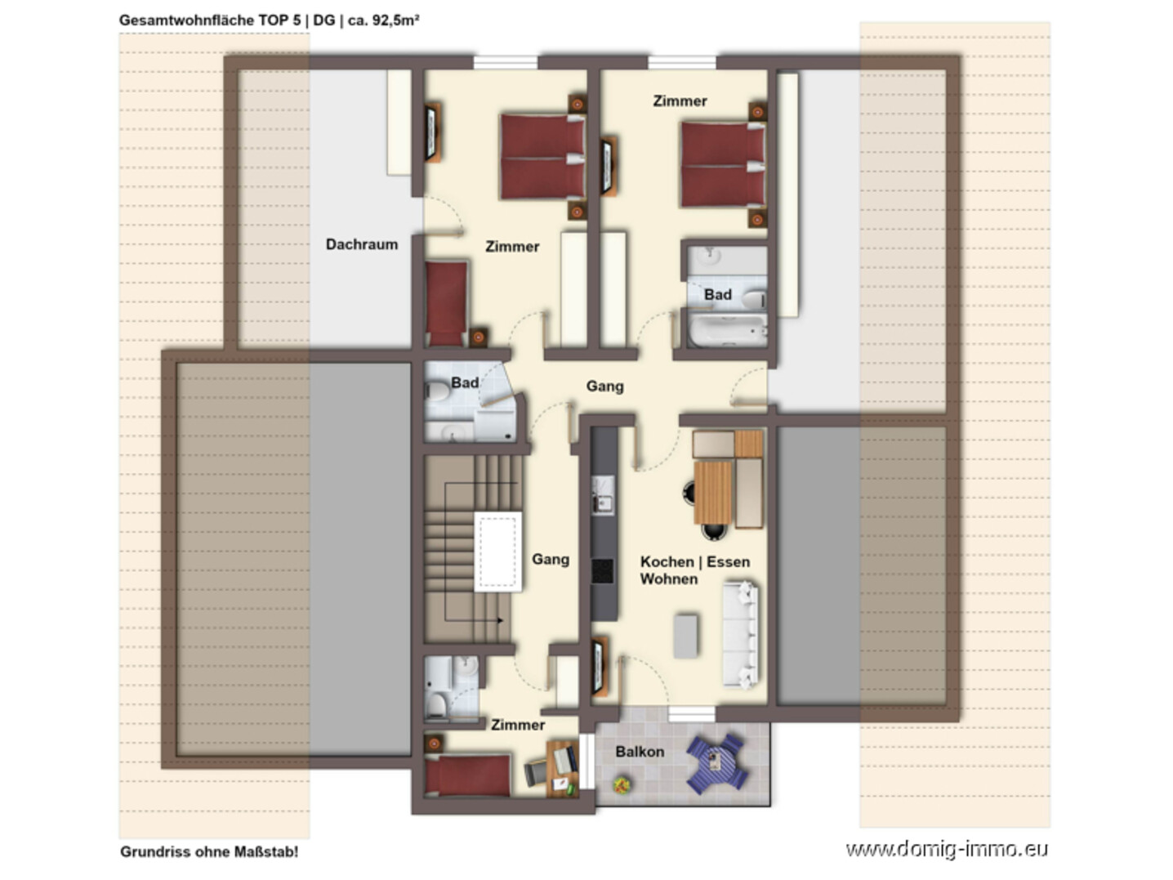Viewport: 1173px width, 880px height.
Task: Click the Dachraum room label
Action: [362, 244]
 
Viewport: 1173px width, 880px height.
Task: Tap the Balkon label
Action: [640, 751]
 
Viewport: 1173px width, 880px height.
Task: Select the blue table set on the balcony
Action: [716, 762]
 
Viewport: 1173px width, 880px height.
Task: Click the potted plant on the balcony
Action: [622, 785]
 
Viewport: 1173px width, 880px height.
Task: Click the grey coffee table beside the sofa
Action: [685, 636]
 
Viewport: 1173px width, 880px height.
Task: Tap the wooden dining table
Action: [712, 492]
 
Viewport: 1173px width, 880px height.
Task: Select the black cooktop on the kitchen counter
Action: [603, 570]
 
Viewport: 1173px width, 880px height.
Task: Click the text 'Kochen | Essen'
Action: [694, 561]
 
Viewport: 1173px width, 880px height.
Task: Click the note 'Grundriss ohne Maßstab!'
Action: [209, 851]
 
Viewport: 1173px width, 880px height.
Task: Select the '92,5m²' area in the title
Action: [395, 20]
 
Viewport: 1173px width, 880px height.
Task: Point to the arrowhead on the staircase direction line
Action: [501, 620]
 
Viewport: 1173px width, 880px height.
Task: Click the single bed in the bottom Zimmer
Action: [467, 775]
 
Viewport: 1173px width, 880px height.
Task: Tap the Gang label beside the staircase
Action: [551, 560]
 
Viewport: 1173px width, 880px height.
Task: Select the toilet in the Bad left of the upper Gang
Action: [438, 391]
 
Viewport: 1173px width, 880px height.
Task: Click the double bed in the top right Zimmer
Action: [723, 164]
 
